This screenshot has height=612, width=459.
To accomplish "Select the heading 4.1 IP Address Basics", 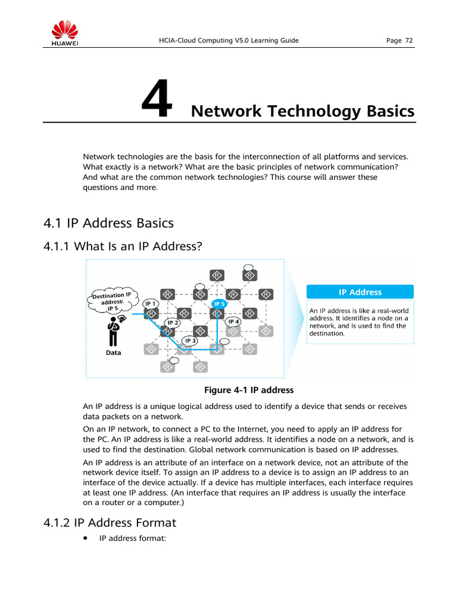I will [x=108, y=223].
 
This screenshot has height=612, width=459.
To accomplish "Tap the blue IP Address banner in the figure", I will [x=360, y=292].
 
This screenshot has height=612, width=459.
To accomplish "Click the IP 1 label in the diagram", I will [x=150, y=304].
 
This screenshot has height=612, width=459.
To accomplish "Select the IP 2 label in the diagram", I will [x=173, y=323].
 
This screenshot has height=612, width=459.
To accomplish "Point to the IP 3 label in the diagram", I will [x=190, y=341].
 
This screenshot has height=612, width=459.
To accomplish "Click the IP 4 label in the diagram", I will [x=234, y=322].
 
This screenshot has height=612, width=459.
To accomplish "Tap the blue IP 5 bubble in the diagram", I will [x=219, y=304].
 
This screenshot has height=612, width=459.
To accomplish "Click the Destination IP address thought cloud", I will [x=113, y=301].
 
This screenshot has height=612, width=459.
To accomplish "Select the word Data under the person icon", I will [x=113, y=353].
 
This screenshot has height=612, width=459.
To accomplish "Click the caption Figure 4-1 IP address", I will [x=249, y=390].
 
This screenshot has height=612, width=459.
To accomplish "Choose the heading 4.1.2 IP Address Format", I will [x=110, y=523].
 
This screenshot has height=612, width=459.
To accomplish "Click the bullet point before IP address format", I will [x=86, y=538].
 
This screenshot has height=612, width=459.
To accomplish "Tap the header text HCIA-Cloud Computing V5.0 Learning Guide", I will [x=224, y=41].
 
